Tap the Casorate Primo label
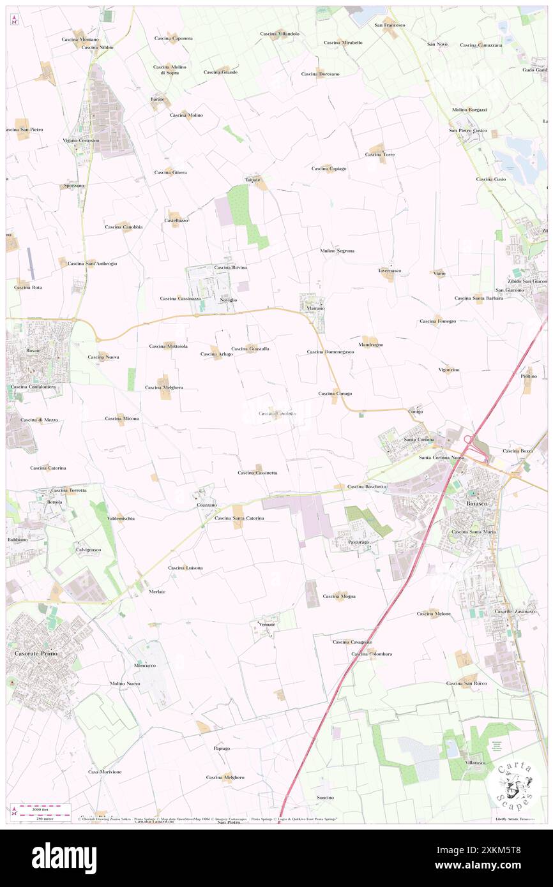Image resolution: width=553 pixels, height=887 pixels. coord(38,654)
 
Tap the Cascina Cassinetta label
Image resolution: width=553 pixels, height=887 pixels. coord(257,473)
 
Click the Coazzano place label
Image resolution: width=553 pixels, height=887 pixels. coord(206,505)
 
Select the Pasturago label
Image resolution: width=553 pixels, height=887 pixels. coord(358,542)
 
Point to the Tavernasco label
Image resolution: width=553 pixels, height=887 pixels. coord(389,270)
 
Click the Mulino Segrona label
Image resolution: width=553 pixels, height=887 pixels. coord(337,251)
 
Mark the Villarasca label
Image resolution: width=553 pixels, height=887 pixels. coord(475,762)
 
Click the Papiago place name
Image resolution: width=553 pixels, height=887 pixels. coord(221,748)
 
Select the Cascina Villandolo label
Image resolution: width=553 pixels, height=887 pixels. coord(280,33)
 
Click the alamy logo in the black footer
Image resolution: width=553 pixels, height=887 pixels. coord(64,858)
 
